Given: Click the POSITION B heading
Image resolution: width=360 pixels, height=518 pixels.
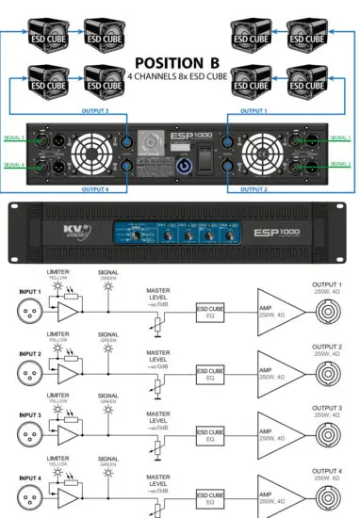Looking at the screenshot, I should coord(179,62).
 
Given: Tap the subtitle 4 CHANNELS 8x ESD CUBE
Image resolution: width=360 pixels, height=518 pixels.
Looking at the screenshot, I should coord(179,77).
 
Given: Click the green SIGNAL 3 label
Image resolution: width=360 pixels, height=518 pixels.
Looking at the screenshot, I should coord(14,138).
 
